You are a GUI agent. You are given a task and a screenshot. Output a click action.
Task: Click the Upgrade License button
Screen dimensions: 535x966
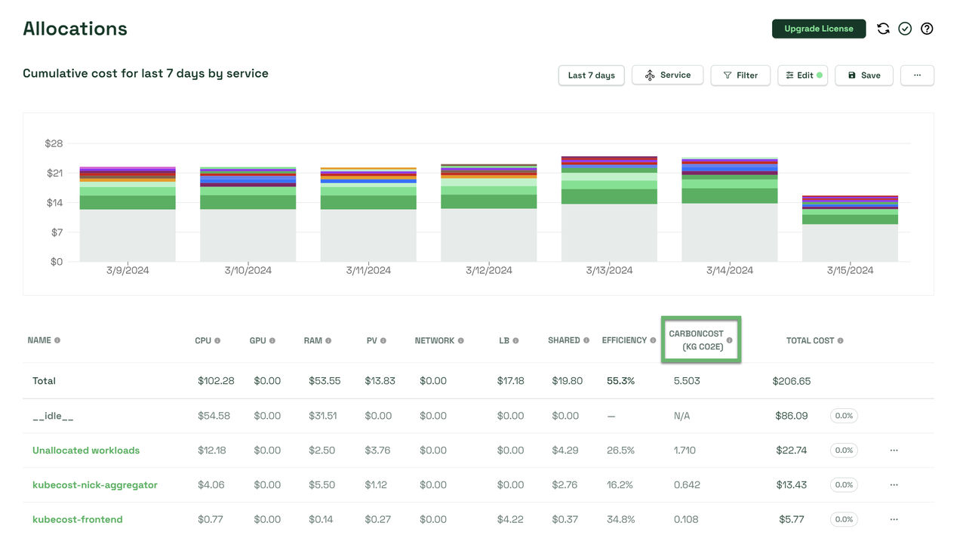818,29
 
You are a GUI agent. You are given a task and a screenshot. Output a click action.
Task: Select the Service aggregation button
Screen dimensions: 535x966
667,75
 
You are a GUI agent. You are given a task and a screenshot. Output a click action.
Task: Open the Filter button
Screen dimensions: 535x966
740,75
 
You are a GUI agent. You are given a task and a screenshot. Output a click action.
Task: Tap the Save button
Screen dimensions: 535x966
863,75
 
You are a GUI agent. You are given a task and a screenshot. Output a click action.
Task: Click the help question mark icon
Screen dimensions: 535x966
928,29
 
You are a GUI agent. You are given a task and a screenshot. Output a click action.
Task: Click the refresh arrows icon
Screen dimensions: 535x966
883,29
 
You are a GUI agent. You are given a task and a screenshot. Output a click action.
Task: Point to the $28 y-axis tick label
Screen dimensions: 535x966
54,143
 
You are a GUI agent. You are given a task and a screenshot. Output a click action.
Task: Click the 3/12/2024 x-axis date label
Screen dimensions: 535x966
488,270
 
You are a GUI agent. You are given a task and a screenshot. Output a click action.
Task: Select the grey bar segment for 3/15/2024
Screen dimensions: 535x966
850,243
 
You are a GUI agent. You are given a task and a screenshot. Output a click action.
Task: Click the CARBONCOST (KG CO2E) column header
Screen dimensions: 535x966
696,340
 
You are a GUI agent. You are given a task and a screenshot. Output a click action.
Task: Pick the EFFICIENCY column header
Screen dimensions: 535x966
624,340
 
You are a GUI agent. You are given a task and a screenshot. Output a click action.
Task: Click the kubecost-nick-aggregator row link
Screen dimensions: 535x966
95,485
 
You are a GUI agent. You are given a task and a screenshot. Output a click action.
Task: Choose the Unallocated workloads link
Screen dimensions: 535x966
86,450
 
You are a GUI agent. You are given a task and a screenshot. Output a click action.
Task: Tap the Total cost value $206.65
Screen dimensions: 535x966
792,381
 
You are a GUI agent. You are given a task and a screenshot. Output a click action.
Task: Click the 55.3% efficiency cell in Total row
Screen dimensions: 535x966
620,381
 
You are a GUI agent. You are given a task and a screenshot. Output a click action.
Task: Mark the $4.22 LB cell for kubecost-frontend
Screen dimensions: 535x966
510,520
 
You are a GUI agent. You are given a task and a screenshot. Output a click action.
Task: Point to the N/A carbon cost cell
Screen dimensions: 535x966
681,416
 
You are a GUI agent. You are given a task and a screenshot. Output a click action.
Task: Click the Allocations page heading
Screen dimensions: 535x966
75,29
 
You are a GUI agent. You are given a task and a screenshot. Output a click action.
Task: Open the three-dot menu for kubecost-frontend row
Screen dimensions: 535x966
894,520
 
